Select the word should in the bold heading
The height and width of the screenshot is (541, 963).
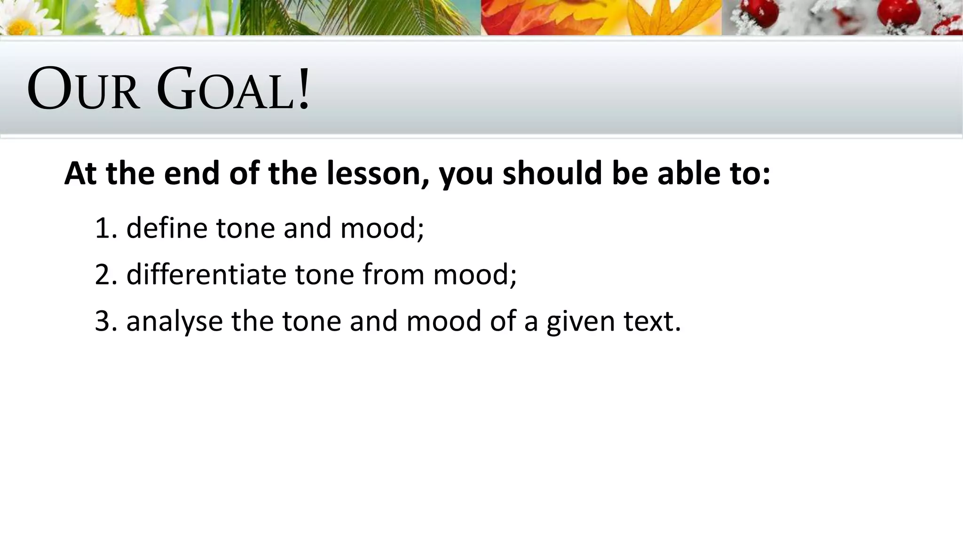pos(552,173)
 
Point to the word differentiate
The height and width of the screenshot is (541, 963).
pos(206,275)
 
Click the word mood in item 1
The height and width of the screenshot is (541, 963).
pos(381,228)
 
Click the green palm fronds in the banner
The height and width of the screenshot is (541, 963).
pos(357,17)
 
